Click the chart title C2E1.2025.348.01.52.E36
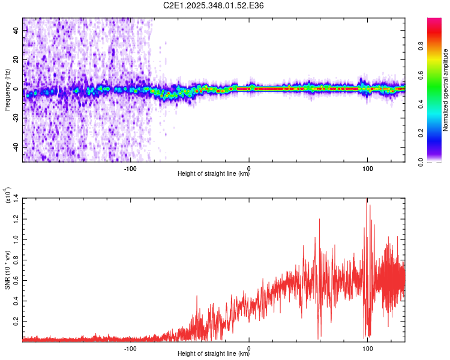click(x=214, y=5)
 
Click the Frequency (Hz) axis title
click(x=7, y=89)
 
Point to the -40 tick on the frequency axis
click(x=14, y=147)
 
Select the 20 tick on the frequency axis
click(x=16, y=60)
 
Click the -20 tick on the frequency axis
click(x=14, y=118)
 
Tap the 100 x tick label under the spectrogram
click(x=367, y=167)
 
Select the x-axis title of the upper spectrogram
click(x=214, y=174)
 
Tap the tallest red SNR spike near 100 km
click(x=366, y=200)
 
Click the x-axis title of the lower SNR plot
click(x=214, y=353)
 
